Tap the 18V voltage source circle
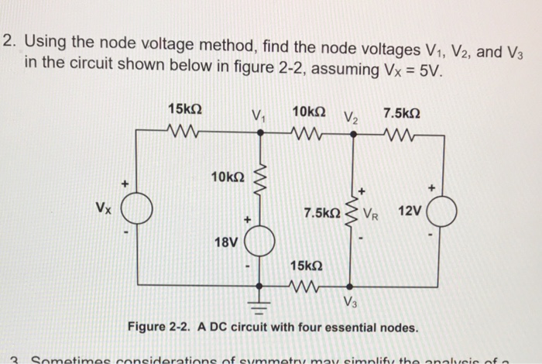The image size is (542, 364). [x=259, y=242]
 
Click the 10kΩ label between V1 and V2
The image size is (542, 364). [x=308, y=111]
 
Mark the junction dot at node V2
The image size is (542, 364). [x=353, y=133]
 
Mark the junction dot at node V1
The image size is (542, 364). [x=259, y=133]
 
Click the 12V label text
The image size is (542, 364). [x=410, y=211]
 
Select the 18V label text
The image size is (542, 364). [x=225, y=242]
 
